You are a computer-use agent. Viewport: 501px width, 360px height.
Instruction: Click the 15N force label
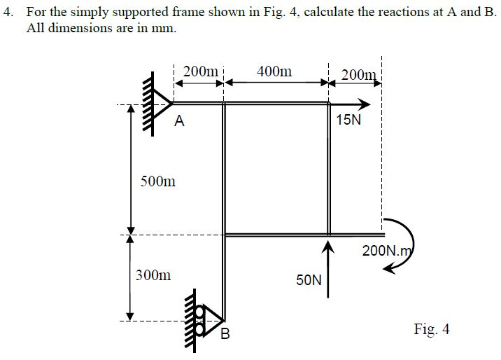coord(349,120)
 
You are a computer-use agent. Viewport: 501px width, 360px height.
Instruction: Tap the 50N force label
coord(309,280)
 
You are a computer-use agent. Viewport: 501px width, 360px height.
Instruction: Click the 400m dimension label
coord(275,71)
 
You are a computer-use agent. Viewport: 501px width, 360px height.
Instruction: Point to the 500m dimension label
coord(158,182)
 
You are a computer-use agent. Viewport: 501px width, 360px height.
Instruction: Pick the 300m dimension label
coord(153,275)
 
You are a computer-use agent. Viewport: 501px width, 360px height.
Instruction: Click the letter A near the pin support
coord(180,121)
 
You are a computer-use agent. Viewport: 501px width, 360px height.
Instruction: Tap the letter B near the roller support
coord(225,334)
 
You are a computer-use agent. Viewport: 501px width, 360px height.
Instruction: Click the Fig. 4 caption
coord(432,329)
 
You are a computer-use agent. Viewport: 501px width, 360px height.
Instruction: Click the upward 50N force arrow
coord(327,266)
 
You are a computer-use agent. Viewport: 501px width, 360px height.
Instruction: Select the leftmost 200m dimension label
coord(199,71)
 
